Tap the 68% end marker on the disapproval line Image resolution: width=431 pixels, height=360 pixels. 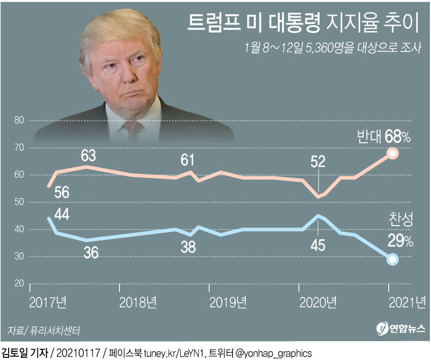tap(392, 153)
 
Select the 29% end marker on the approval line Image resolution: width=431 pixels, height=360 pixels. tap(392, 260)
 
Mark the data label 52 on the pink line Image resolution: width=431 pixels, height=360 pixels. tap(318, 162)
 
